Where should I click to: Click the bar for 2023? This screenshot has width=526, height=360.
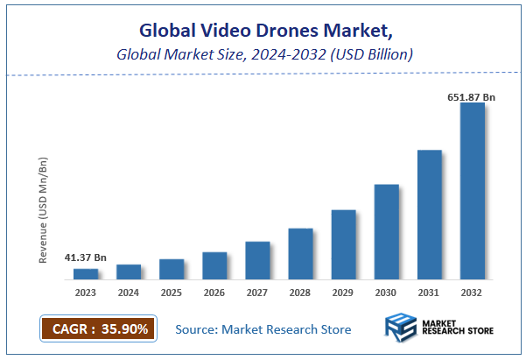[85, 274]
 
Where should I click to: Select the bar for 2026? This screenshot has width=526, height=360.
[214, 266]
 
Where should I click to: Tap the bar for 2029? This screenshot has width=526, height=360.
[343, 245]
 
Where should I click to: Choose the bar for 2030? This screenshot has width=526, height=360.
[386, 232]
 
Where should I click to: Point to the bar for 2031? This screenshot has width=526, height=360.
[429, 215]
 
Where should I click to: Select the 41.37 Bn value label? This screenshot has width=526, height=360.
[86, 258]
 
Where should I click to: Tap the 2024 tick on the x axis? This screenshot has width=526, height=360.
[129, 293]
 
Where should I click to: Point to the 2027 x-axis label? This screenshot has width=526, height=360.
[257, 293]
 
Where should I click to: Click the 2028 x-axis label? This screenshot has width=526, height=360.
[300, 293]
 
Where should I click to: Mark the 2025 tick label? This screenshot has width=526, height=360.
[172, 293]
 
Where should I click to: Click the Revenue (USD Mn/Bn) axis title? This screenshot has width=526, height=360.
[44, 210]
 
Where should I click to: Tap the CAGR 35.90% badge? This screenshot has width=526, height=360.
[97, 328]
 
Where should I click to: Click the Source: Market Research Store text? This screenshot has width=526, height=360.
[263, 329]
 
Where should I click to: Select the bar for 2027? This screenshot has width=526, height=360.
[257, 260]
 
